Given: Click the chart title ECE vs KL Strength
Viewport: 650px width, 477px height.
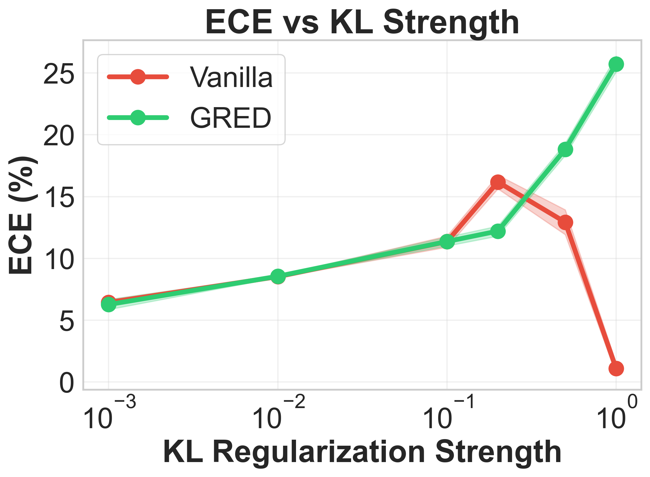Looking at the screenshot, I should coord(362,22).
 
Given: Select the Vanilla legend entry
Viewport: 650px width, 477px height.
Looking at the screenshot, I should coord(231,77).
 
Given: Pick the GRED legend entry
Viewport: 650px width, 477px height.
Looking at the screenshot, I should coord(230,117).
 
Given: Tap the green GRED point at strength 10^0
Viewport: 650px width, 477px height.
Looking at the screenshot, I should coord(616,64).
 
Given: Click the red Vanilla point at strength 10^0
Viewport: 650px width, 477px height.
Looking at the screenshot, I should coord(616,369).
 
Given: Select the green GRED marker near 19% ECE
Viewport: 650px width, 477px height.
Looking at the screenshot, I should coord(565,150).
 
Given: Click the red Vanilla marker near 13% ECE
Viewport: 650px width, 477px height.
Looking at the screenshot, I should coord(565,223).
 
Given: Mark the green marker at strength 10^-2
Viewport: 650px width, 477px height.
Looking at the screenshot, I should coord(278,276).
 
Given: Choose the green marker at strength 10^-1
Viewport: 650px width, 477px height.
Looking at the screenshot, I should coord(447,242).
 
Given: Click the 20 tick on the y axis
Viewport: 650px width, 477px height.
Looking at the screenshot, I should coord(59,136).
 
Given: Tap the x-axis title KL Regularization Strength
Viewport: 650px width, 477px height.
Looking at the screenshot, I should coord(362,453).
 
